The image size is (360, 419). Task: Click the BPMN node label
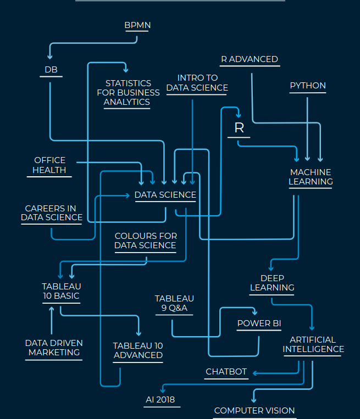tap(137, 25)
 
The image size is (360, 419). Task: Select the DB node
tap(51, 70)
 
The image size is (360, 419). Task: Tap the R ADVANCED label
tap(249, 59)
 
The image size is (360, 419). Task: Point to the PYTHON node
tap(308, 86)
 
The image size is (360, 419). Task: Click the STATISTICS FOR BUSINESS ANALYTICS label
tap(128, 92)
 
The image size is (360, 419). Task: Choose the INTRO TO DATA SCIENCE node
tap(197, 83)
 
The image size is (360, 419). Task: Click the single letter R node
tap(239, 128)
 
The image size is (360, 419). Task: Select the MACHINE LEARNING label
tap(311, 177)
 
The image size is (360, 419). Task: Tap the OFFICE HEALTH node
tap(49, 165)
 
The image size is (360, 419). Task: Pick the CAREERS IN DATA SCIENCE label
tap(52, 213)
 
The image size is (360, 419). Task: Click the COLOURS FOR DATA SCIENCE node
tap(145, 241)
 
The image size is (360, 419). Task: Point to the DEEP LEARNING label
tap(272, 283)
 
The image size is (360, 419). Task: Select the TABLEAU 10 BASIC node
tap(61, 291)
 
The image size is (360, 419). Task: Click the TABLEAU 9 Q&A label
tap(174, 303)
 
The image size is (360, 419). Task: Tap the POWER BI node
tap(259, 323)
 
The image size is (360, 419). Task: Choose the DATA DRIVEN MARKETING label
tap(54, 348)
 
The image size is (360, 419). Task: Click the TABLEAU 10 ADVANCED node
tap(138, 350)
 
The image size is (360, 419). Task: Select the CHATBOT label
tap(226, 372)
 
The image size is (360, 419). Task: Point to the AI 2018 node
tap(160, 400)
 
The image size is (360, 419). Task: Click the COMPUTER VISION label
tap(254, 410)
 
